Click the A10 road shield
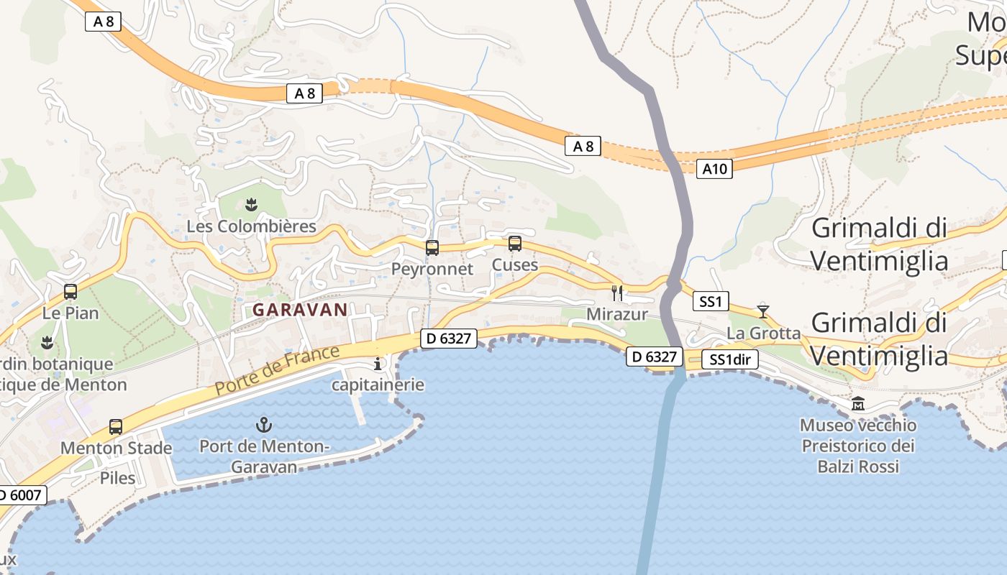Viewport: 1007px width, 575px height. coord(714,169)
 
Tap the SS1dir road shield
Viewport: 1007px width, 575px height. coord(730,360)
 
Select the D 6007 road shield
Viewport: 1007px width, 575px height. coord(22,494)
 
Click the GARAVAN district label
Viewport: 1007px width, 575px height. coord(300,310)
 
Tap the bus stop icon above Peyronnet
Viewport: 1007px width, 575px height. coord(432,248)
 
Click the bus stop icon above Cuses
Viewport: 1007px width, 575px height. coord(515,244)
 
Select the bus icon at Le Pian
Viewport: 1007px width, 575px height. coord(70,292)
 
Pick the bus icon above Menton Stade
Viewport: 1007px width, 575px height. coord(116,427)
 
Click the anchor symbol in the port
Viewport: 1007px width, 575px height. coord(264,424)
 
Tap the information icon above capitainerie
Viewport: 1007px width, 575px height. coord(378,364)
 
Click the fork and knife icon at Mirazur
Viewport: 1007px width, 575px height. coord(616,293)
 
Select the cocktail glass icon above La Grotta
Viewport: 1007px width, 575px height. coord(763,312)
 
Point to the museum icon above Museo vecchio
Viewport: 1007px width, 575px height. coord(858,404)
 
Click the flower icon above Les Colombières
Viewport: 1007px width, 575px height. coord(251,206)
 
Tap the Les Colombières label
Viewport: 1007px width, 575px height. coord(251,226)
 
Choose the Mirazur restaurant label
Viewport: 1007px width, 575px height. coord(617,314)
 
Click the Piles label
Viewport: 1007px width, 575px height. coord(117,477)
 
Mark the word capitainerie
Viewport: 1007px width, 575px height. coord(378,385)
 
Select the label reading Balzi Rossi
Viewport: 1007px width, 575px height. coord(858,466)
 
